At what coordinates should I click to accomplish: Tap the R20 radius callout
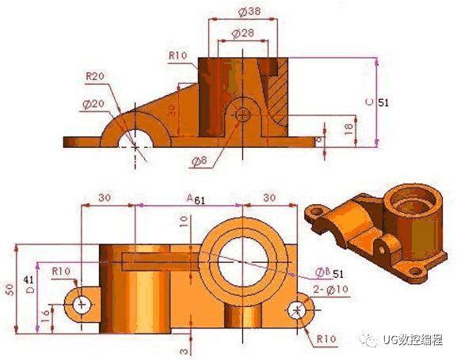(96, 76)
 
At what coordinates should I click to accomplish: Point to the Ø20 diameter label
(93, 104)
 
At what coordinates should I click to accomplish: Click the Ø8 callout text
(199, 161)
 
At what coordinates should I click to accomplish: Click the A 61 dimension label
(195, 199)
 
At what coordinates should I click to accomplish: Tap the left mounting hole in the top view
(80, 304)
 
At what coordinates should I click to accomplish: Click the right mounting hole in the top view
(299, 308)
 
